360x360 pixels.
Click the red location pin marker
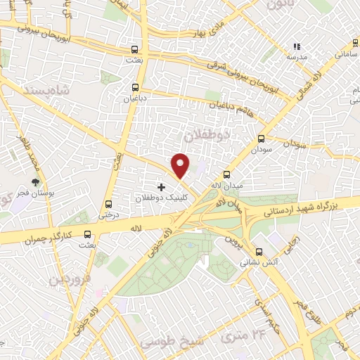[x=181, y=165]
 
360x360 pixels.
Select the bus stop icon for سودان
[x=262, y=139]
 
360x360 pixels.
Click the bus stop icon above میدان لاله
[x=226, y=174]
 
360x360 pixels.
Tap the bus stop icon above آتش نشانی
[x=259, y=251]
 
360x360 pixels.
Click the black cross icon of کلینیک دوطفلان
[x=162, y=187]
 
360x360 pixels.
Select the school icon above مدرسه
[x=296, y=47]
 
